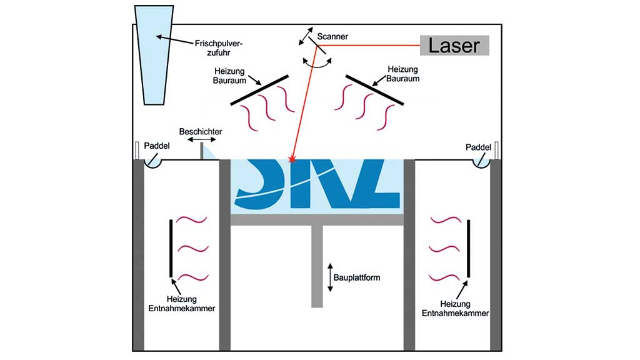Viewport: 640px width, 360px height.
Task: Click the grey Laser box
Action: tap(454, 45)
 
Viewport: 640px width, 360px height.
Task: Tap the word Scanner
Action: tap(332, 37)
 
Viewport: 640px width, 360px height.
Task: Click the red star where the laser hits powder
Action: tap(291, 160)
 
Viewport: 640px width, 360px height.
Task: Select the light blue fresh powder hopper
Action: tap(154, 56)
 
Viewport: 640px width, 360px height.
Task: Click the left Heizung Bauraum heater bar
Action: tap(259, 90)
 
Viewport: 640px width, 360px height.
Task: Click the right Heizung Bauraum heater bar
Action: tap(375, 90)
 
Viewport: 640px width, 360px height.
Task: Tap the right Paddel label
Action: tap(477, 147)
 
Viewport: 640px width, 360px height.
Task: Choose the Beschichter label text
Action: tap(200, 131)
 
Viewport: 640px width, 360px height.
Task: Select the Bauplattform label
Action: tap(357, 277)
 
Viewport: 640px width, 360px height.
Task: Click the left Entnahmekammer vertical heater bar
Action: tap(171, 247)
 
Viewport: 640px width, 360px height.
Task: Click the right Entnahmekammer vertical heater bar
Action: tap(468, 247)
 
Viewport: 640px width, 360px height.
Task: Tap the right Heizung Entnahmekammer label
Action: tap(454, 307)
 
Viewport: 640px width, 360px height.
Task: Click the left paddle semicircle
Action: tap(154, 162)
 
